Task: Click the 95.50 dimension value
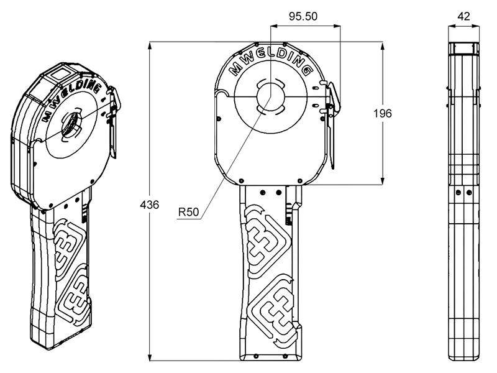303,16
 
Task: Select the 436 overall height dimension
149,205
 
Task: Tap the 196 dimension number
383,113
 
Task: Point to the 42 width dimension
463,16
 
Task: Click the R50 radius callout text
189,211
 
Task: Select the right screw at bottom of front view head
300,181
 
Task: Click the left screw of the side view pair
458,192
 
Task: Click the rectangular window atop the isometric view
60,74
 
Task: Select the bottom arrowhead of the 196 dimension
383,181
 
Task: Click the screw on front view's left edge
219,119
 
